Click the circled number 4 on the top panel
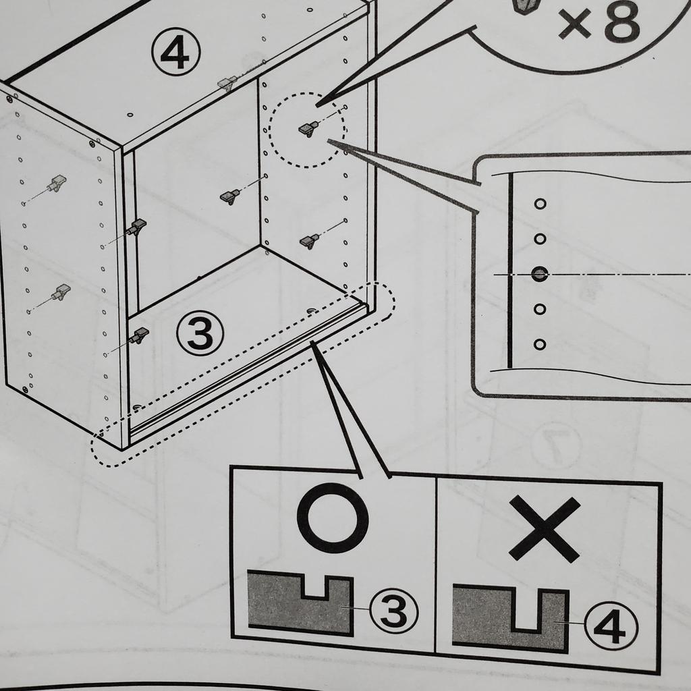(176, 53)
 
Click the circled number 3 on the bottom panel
(200, 333)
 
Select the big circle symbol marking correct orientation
(332, 518)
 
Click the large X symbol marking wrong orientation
(545, 529)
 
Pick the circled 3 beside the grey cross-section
(393, 610)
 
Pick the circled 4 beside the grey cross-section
(611, 626)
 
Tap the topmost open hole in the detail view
(540, 204)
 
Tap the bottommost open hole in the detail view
(540, 344)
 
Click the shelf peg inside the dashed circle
(309, 129)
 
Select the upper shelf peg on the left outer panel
(57, 183)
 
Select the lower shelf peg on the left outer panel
(61, 292)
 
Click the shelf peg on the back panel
(231, 196)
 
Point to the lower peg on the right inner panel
(310, 241)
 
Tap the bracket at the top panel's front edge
(228, 82)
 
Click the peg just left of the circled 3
(139, 335)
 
